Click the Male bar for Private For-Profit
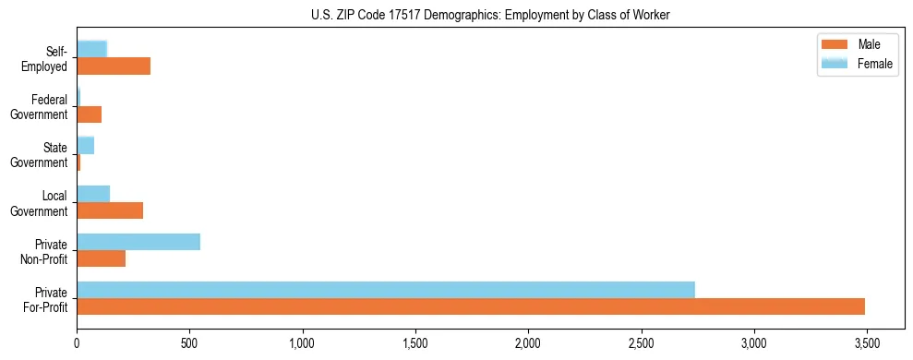(471, 306)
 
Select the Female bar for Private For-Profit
(386, 290)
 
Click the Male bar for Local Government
(110, 210)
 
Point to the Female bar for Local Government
(93, 194)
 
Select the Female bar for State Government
(86, 146)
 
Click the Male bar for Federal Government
(90, 114)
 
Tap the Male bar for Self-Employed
(114, 66)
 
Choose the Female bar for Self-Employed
(92, 50)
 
